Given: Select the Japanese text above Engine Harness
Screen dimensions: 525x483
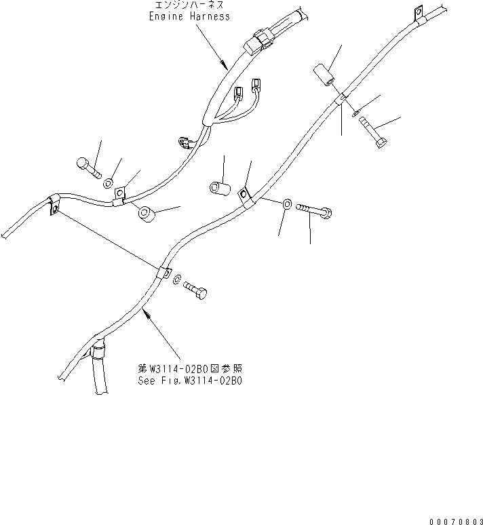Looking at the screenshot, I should [x=189, y=5].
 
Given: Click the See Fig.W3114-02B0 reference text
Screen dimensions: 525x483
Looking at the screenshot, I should [x=189, y=381].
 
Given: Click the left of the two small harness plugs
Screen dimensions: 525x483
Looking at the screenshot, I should [x=239, y=92].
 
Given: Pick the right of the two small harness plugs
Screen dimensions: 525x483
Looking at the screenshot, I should [x=255, y=85].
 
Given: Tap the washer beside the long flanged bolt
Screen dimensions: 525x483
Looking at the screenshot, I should [x=287, y=203].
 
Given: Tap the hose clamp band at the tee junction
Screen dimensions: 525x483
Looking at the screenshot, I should [x=98, y=351].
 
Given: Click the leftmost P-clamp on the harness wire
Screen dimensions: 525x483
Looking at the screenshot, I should [x=53, y=206].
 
